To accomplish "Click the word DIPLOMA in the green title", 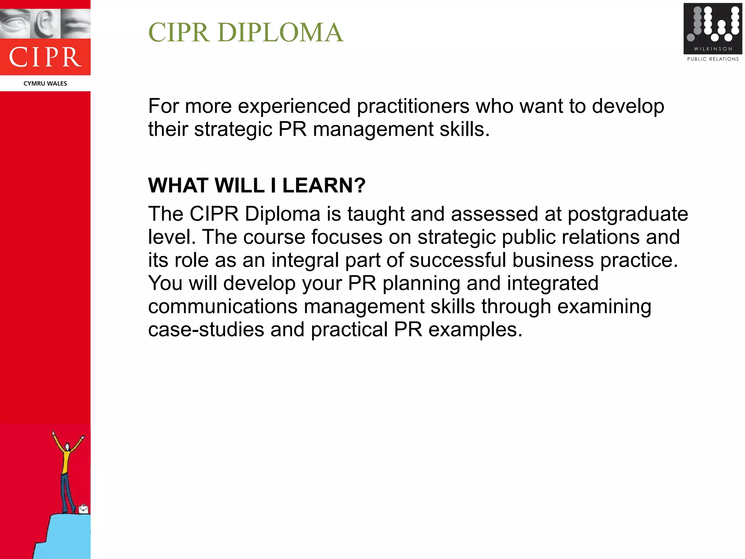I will pyautogui.click(x=280, y=32).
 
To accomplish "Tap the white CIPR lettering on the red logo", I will pyautogui.click(x=45, y=57).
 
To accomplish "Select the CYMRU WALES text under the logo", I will pyautogui.click(x=45, y=83).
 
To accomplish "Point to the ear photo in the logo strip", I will pyautogui.click(x=45, y=23).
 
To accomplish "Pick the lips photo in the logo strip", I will pyautogui.click(x=76, y=23).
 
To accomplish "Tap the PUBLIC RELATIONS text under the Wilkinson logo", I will pyautogui.click(x=713, y=59).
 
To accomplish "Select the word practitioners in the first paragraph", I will pyautogui.click(x=413, y=106).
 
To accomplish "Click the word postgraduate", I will pyautogui.click(x=628, y=214).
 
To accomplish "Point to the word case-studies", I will pyautogui.click(x=206, y=329).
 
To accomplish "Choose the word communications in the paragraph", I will pyautogui.click(x=223, y=306).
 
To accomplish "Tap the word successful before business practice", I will pyautogui.click(x=458, y=260).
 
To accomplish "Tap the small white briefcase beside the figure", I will pyautogui.click(x=83, y=508).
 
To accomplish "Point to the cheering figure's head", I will pyautogui.click(x=67, y=447).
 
